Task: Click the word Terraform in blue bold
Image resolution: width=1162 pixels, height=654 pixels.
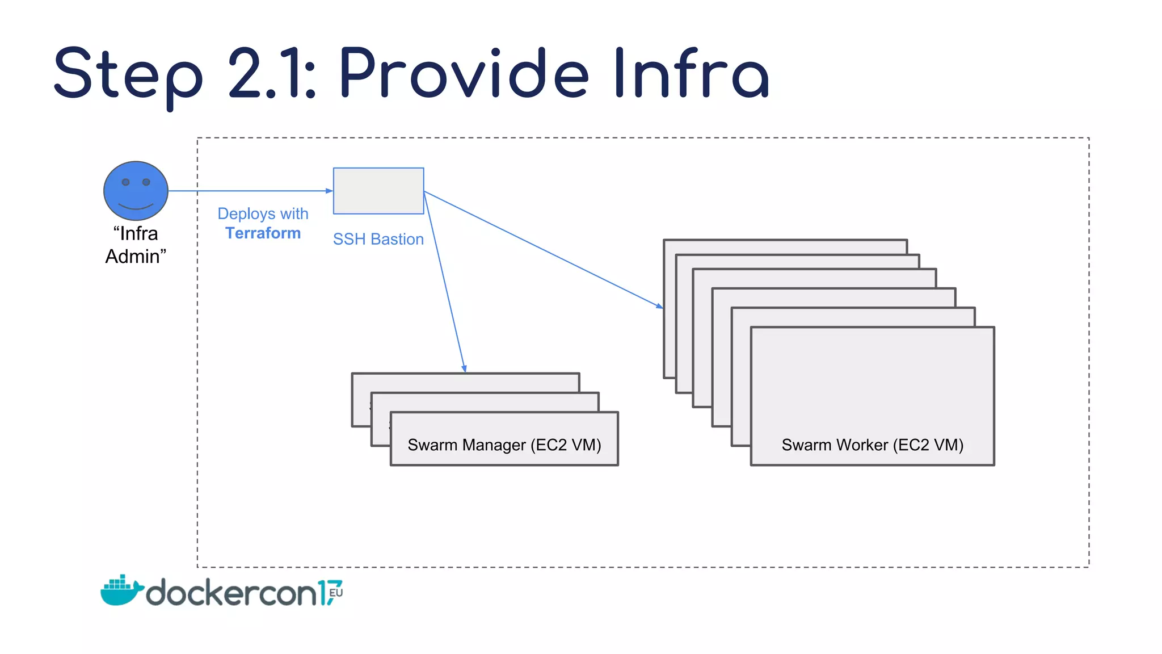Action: click(x=263, y=233)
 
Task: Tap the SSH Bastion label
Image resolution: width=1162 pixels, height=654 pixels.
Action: click(x=378, y=239)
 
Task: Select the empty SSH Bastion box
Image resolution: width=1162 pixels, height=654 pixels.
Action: click(x=378, y=191)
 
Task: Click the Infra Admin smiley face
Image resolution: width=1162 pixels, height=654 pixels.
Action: click(x=136, y=191)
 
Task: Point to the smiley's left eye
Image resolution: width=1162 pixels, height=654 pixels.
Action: click(x=126, y=182)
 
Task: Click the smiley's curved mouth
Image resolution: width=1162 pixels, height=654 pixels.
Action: click(x=136, y=206)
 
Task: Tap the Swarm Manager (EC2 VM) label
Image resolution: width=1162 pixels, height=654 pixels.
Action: click(x=504, y=445)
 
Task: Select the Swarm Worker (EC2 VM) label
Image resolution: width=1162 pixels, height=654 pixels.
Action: click(x=872, y=445)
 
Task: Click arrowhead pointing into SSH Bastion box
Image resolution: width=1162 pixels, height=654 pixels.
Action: click(x=330, y=191)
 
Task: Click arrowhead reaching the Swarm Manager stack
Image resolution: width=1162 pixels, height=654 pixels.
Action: click(x=464, y=369)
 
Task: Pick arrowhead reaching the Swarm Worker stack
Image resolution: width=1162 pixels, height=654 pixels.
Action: click(x=659, y=306)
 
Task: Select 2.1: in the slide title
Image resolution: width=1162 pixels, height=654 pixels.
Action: click(x=272, y=74)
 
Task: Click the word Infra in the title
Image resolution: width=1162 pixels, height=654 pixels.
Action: click(x=691, y=74)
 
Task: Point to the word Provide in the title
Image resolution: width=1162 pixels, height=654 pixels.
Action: click(x=464, y=74)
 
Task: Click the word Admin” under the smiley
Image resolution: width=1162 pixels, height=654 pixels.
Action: click(x=136, y=257)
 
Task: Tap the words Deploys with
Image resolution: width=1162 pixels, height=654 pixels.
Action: click(x=263, y=213)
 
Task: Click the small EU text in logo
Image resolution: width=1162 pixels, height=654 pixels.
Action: click(x=336, y=593)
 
